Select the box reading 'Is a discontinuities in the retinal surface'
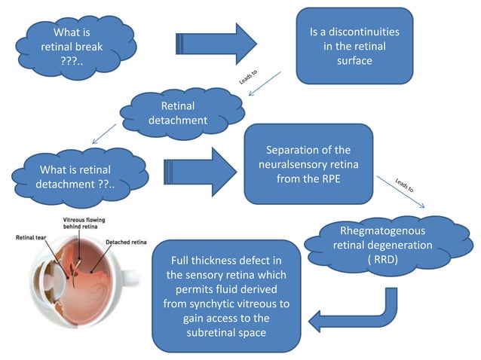tap(354, 46)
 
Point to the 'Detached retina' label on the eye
tap(127, 243)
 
